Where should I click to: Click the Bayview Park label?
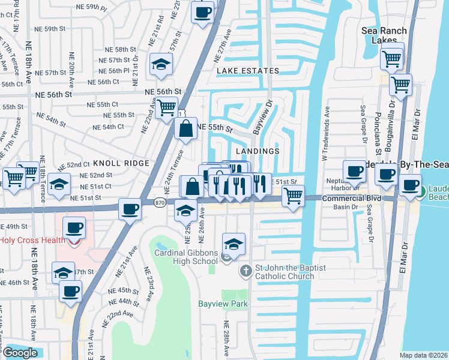pyautogui.click(x=223, y=304)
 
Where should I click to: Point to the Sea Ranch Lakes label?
pyautogui.click(x=384, y=35)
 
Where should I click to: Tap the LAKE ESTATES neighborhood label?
pyautogui.click(x=248, y=71)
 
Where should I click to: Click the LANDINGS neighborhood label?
pyautogui.click(x=258, y=151)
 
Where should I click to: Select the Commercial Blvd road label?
pyautogui.click(x=352, y=198)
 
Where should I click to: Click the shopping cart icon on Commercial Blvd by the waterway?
pyautogui.click(x=293, y=194)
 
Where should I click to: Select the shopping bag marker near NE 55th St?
pyautogui.click(x=186, y=127)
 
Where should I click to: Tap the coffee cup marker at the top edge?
pyautogui.click(x=202, y=11)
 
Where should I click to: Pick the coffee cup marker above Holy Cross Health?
pyautogui.click(x=74, y=227)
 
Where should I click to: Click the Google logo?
pyautogui.click(x=20, y=353)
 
